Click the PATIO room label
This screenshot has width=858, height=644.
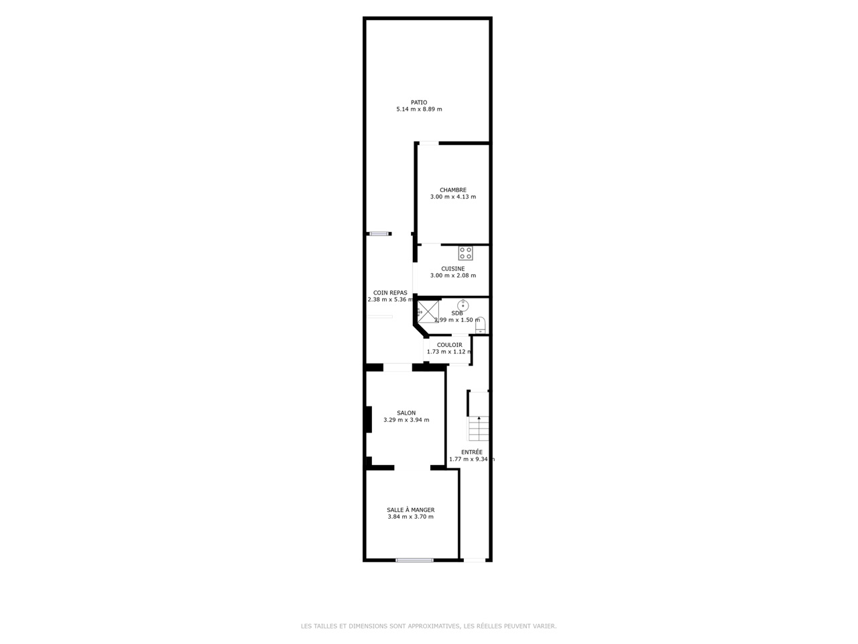419,103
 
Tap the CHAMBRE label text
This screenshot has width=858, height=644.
452,190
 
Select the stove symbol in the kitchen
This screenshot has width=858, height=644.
465,253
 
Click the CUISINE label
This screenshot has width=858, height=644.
452,268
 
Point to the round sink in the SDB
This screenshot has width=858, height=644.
463,305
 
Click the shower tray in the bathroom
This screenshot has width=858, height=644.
428,312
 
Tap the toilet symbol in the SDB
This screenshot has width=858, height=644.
480,325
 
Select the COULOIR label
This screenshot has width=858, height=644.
449,345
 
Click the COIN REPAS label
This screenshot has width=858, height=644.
389,292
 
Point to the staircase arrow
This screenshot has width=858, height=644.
479,428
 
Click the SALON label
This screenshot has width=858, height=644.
406,413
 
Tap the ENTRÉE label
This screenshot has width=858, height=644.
472,452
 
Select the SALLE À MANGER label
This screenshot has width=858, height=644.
410,510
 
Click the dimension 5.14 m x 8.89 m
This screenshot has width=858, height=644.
419,109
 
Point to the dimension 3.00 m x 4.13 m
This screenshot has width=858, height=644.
453,197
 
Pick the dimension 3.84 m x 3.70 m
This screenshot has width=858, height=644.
410,517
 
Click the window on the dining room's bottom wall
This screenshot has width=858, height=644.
414,560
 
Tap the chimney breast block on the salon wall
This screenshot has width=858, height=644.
368,419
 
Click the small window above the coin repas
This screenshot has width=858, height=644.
379,234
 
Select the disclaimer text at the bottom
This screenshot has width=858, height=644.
428,626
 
